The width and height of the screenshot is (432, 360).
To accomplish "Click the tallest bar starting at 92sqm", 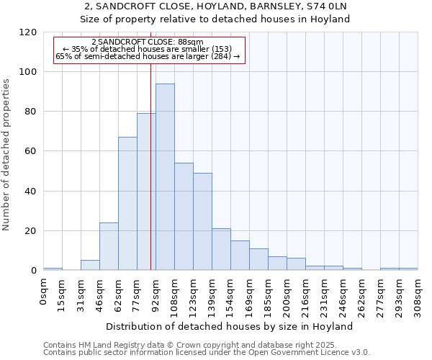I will pyautogui.click(x=165, y=176).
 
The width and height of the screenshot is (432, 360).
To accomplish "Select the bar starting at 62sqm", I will pyautogui.click(x=127, y=203).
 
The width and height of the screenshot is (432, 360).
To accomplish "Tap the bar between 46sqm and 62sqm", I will pyautogui.click(x=109, y=246).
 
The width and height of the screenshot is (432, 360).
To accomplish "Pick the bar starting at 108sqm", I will pyautogui.click(x=184, y=216).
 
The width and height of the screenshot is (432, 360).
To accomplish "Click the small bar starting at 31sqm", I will pyautogui.click(x=90, y=265).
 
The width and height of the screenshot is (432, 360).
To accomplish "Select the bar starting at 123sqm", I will pyautogui.click(x=202, y=221).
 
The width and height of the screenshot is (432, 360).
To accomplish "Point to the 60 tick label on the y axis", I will pyautogui.click(x=31, y=151).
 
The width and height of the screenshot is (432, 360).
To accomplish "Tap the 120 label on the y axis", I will pyautogui.click(x=28, y=32).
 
